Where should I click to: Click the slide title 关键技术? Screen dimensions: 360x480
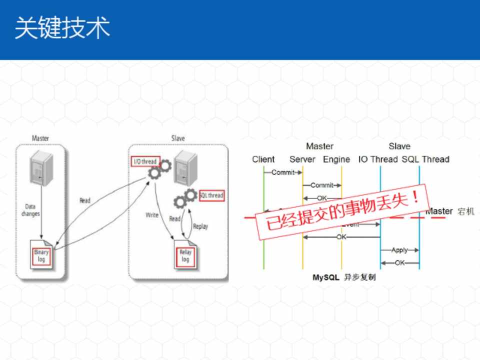[62, 28]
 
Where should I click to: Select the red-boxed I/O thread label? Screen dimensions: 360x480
[145, 161]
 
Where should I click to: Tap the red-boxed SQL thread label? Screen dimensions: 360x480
[211, 195]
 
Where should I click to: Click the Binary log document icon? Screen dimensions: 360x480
[41, 255]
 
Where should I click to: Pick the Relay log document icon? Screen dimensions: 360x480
[185, 255]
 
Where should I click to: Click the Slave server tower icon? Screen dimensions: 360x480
[185, 167]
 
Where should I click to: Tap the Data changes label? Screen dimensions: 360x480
[31, 210]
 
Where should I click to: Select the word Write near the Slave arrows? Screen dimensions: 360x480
[152, 215]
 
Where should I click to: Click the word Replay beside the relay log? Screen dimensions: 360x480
[200, 226]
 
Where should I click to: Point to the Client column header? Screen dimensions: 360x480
[263, 159]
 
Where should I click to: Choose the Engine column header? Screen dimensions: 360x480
[336, 159]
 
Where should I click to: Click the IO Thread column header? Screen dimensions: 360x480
[378, 159]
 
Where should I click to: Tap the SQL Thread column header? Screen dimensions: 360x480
[425, 159]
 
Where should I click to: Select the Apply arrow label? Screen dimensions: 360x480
[399, 250]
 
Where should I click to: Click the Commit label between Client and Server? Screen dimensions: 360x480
[282, 172]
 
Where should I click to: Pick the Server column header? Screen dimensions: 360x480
[302, 159]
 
